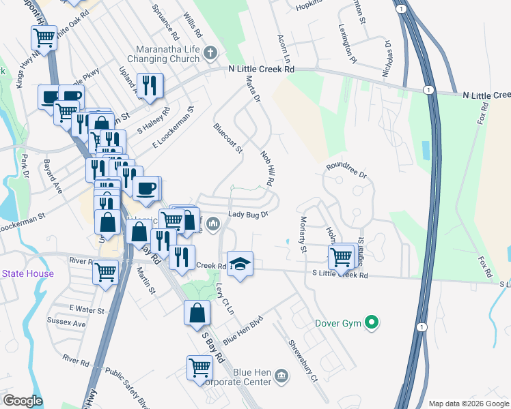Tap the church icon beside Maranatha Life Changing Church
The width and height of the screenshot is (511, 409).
click(x=211, y=52)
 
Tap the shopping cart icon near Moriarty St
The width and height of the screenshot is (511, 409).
click(x=341, y=258)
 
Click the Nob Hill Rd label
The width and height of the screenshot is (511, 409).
click(x=267, y=169)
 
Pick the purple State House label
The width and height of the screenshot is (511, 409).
click(x=27, y=274)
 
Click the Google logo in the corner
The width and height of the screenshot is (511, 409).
click(x=22, y=401)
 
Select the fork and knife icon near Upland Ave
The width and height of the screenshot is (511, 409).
click(x=150, y=86)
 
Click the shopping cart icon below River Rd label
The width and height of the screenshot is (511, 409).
click(x=106, y=272)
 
